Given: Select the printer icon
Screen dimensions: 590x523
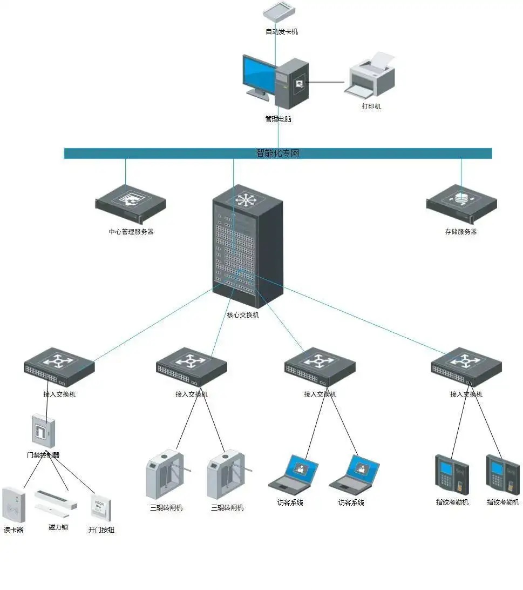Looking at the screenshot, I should (370, 76).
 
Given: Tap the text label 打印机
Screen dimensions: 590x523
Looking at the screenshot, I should (371, 106).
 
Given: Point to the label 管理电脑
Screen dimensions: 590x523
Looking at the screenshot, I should (278, 119).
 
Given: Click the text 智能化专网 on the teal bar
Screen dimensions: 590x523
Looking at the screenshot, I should (277, 153).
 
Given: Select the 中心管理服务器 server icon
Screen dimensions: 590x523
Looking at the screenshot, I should (131, 204).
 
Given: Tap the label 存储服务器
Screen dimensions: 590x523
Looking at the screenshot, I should (460, 232).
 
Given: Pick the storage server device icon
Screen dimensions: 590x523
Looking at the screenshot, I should (461, 203).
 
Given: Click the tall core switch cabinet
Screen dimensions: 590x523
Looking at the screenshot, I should (247, 246).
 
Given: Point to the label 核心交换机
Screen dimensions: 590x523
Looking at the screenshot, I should (242, 315).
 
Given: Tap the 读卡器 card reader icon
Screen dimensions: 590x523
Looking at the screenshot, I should (13, 505).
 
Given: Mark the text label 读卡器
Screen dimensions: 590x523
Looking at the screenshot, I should (13, 530).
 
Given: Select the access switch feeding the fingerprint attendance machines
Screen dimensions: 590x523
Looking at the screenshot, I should (466, 366).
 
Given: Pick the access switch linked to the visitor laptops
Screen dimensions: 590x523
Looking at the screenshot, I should (320, 366).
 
